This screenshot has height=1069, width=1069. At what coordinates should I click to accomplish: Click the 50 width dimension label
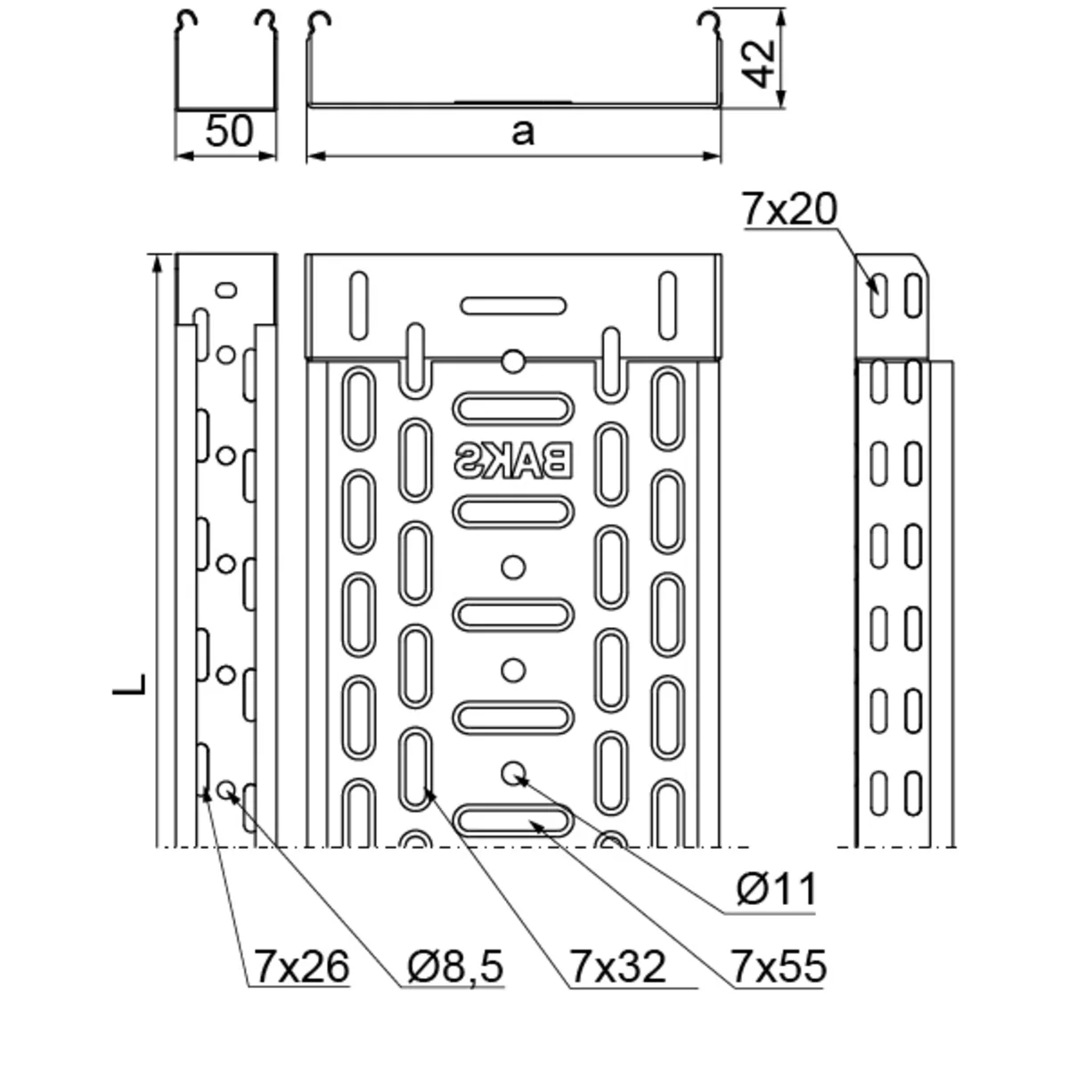pos(229,132)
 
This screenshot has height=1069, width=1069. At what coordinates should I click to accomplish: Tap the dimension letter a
pos(523,132)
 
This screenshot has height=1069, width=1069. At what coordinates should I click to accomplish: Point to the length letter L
pos(130,684)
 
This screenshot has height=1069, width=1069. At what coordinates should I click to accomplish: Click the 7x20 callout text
pos(789,210)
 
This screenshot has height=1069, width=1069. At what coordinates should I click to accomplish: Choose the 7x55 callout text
pos(779,967)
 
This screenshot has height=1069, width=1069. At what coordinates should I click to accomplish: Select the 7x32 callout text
pos(617,967)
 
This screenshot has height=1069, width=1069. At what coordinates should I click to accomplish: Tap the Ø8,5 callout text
pos(456,967)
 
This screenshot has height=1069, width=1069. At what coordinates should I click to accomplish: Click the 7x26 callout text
pos(301,967)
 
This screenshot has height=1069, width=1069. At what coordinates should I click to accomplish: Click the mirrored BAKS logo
pos(513,461)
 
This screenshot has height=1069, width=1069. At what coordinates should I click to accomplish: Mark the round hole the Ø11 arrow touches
pos(513,773)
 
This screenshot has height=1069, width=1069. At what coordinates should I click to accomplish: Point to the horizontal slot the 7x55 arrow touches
pos(513,820)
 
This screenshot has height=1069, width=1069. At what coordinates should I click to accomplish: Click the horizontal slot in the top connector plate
pos(513,306)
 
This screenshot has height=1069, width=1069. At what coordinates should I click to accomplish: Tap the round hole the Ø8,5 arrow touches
pos(226,788)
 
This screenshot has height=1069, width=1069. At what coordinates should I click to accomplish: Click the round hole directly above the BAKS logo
pos(513,361)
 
